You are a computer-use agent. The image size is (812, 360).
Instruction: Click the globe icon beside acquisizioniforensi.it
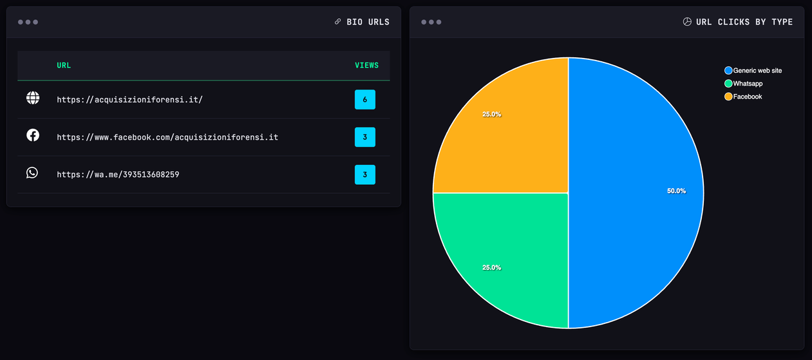coord(33,98)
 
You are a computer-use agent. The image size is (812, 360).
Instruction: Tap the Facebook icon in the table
coord(33,135)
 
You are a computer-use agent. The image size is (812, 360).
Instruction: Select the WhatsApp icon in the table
coord(32,173)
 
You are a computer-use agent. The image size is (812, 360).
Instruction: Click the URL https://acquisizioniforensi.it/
coord(129,100)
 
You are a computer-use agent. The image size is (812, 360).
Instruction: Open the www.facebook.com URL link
coord(167,137)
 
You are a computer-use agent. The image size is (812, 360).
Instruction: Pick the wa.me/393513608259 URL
coord(118,175)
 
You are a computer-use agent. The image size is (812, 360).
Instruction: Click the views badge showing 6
coord(364,100)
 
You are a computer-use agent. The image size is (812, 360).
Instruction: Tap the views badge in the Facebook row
coord(364,137)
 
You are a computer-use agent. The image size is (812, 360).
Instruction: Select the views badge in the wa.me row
coord(364,175)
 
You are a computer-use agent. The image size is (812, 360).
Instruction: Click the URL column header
coord(64,65)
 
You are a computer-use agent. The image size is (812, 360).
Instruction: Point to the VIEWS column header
coord(366,65)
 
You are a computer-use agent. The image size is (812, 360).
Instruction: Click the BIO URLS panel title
coord(368,22)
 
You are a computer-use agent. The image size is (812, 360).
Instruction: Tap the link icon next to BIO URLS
coord(337,22)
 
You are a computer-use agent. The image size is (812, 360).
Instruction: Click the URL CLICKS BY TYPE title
coord(744,22)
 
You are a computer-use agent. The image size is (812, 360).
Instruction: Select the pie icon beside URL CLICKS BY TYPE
coord(687,22)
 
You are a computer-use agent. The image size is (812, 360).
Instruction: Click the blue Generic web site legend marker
coord(728,71)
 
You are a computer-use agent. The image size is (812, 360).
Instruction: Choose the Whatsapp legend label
coord(748,84)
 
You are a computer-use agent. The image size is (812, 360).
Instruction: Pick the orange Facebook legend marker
coord(728,97)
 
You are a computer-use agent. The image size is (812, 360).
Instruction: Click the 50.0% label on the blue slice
coord(676,191)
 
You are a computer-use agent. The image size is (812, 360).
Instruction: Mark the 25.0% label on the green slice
coord(491,267)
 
